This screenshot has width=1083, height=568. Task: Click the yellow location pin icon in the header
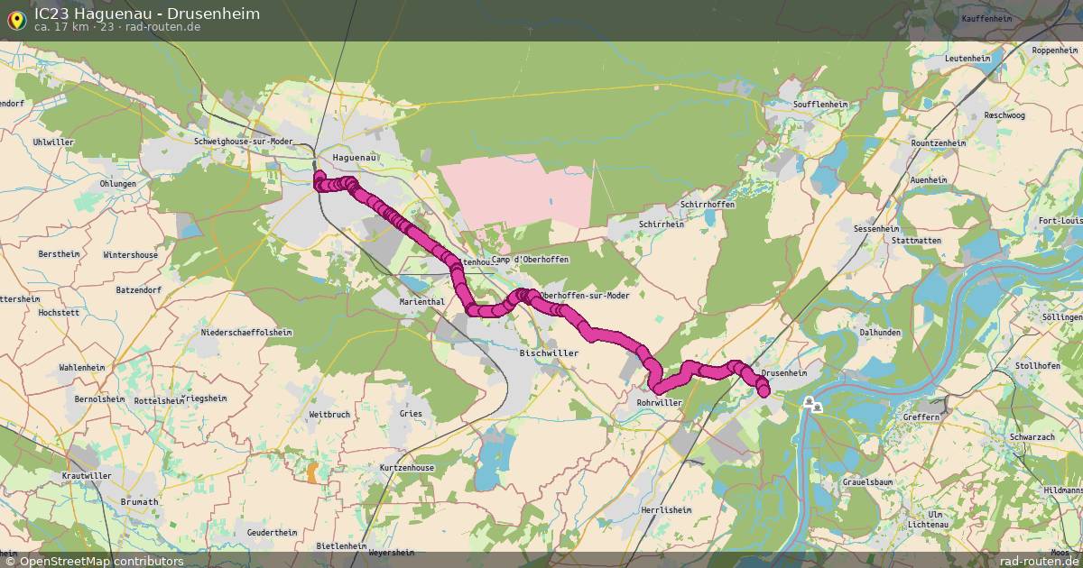pyautogui.click(x=16, y=20)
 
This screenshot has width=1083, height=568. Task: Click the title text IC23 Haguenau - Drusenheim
pyautogui.click(x=147, y=14)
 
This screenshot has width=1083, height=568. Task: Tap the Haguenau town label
pyautogui.click(x=354, y=157)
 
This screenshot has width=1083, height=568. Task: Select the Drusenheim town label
pyautogui.click(x=783, y=373)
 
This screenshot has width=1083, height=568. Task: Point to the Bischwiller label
pyautogui.click(x=549, y=353)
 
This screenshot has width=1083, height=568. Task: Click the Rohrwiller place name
pyautogui.click(x=659, y=403)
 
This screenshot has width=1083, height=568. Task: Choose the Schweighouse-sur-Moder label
pyautogui.click(x=245, y=142)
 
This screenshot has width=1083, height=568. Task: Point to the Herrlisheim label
pyautogui.click(x=666, y=510)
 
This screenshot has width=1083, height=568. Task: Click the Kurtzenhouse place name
pyautogui.click(x=407, y=468)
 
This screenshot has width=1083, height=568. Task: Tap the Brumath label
pyautogui.click(x=140, y=502)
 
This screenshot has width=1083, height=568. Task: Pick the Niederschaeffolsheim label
pyautogui.click(x=246, y=333)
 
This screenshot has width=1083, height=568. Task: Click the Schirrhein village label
pyautogui.click(x=661, y=224)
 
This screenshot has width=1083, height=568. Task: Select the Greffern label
pyautogui.click(x=921, y=417)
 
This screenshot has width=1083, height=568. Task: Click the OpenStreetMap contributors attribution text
pyautogui.click(x=94, y=561)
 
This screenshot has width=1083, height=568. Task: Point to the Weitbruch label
pyautogui.click(x=329, y=414)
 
